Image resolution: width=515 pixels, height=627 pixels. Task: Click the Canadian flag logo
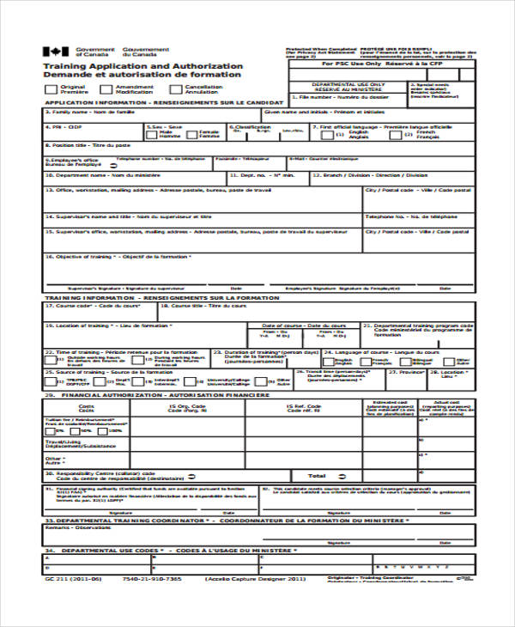pyautogui.click(x=56, y=52)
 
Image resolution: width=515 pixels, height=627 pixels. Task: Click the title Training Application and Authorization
pyautogui.click(x=142, y=66)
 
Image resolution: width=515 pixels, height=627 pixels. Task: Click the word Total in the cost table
pyautogui.click(x=317, y=475)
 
